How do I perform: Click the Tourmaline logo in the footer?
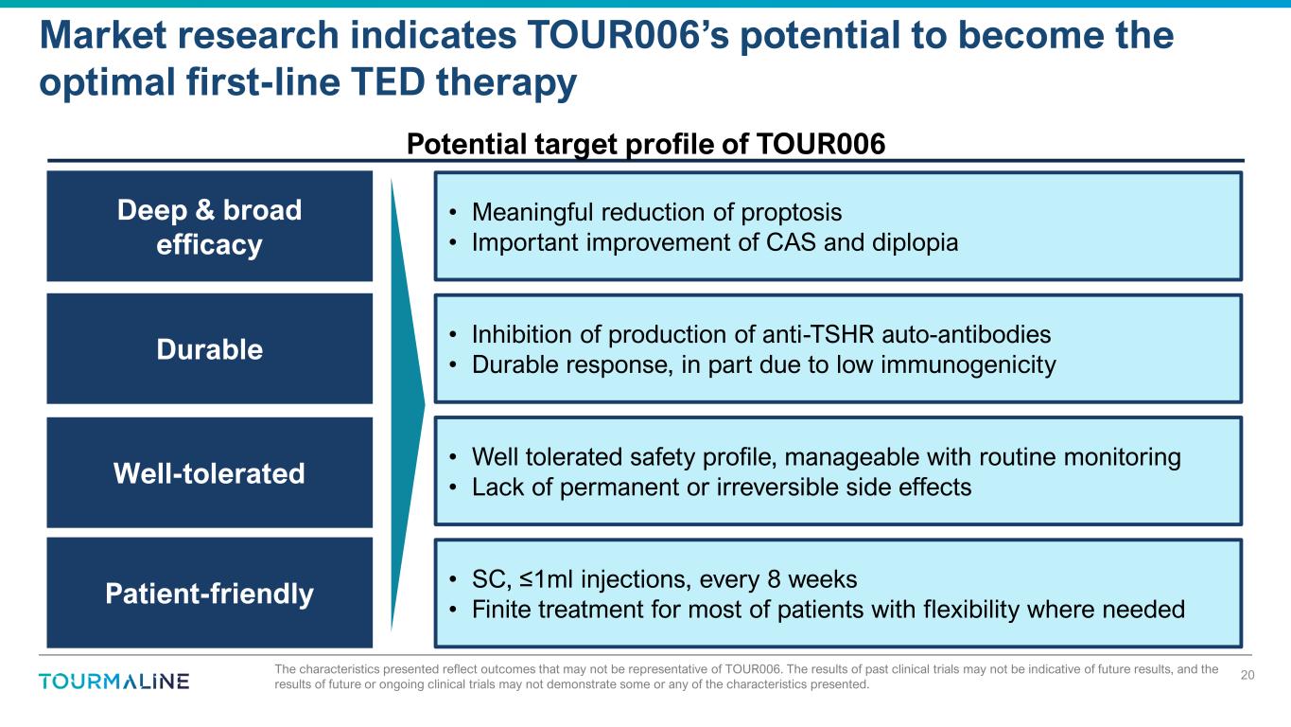[113, 682]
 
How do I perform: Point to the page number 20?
[1247, 675]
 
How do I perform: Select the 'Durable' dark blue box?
[209, 348]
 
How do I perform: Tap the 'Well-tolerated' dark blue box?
[209, 472]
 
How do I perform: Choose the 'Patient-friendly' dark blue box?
[209, 593]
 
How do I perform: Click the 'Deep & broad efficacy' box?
[209, 226]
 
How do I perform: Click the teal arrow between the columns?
[408, 404]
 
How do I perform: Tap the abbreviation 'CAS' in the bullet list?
[791, 242]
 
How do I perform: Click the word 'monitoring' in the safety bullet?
[1122, 457]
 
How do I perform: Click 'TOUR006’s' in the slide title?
[627, 35]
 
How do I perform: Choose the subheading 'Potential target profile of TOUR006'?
[645, 144]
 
